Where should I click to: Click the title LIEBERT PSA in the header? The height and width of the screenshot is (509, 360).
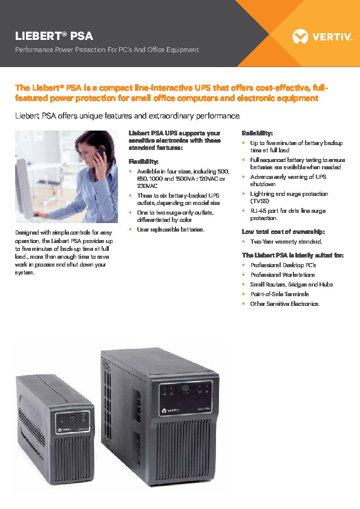(54, 36)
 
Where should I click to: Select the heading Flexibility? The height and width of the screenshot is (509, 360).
(144, 161)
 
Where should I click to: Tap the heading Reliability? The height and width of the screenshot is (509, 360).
(257, 132)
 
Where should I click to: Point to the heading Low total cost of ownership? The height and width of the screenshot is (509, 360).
(284, 232)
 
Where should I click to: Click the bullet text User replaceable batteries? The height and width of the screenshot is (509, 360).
(171, 230)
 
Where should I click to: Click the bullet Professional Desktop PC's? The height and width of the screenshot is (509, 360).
(283, 265)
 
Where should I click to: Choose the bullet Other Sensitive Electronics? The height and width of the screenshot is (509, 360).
(284, 303)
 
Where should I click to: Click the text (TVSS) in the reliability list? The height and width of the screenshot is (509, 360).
(260, 200)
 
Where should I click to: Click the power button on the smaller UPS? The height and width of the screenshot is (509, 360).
(72, 417)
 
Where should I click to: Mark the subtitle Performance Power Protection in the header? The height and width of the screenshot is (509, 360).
(107, 50)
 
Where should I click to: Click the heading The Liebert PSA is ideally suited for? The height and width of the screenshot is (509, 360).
(292, 255)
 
